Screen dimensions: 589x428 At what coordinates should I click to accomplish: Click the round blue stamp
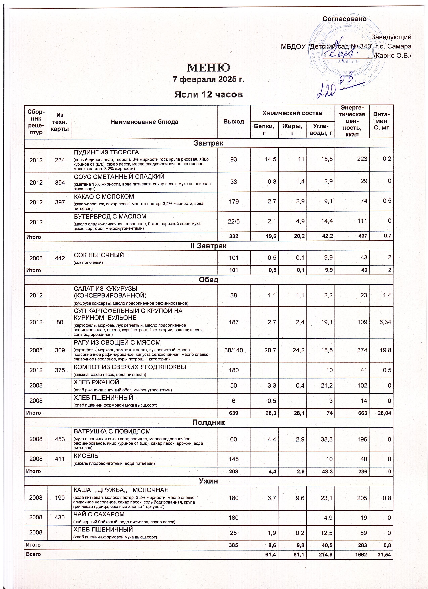pyautogui.click(x=343, y=49)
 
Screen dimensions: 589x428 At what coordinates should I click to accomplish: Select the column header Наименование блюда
pyautogui.click(x=144, y=121)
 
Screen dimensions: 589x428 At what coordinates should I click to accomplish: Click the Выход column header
pyautogui.click(x=234, y=121)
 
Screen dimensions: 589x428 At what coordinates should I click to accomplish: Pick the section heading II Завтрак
pyautogui.click(x=209, y=246)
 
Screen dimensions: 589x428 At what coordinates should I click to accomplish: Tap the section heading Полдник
pyautogui.click(x=209, y=422)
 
